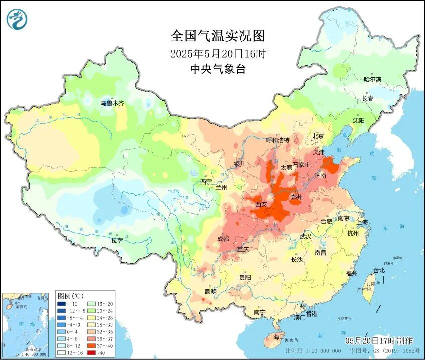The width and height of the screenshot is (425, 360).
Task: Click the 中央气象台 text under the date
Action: (218, 69)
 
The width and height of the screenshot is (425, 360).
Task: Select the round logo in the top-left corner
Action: (17, 19)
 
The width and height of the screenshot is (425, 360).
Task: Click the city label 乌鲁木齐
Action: (111, 103)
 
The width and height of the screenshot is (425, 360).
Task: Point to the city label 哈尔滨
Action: (372, 79)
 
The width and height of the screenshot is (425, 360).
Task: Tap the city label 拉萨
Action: (117, 241)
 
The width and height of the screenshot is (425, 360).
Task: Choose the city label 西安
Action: (261, 204)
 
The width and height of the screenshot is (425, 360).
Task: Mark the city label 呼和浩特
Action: (278, 140)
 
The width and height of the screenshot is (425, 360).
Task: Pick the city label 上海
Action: (362, 222)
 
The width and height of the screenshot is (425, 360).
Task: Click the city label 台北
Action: (378, 270)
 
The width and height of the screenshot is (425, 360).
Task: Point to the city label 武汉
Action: (305, 236)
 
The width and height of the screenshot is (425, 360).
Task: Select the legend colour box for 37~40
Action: (93, 346)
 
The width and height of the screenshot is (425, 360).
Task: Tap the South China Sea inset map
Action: (28, 324)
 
